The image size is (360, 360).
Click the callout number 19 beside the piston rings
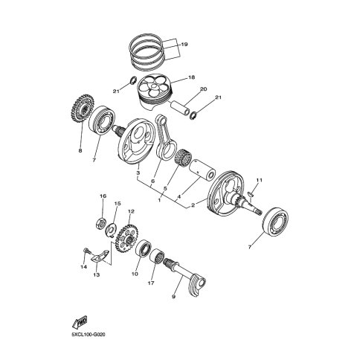[x=184, y=45]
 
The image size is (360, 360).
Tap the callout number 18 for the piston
[x=191, y=77]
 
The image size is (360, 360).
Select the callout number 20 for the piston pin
[x=203, y=89]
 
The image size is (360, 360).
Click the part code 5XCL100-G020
[x=89, y=335]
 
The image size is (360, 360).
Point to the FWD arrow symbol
[x=80, y=322]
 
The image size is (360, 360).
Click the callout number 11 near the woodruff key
[x=259, y=180]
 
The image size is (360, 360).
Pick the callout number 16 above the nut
[x=103, y=196]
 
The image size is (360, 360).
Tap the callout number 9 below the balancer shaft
[x=173, y=297]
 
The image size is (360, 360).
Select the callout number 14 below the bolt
[x=83, y=267]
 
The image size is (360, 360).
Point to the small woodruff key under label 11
[x=250, y=194]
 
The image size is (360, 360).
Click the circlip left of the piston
[x=133, y=80]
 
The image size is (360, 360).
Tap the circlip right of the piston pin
[x=193, y=115]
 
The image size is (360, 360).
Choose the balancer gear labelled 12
[x=127, y=239]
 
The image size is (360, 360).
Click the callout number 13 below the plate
[x=97, y=274]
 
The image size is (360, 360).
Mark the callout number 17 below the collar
[x=151, y=283]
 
